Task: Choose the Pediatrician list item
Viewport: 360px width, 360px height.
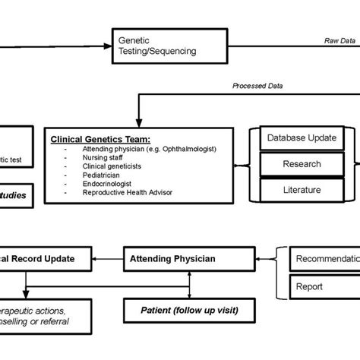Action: point(90,174)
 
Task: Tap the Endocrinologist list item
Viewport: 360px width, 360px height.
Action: point(96,183)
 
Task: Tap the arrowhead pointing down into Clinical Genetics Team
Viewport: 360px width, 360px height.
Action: point(137,121)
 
